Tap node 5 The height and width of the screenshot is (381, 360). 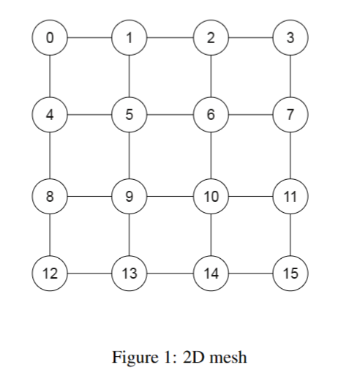130,116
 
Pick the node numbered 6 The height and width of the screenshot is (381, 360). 211,116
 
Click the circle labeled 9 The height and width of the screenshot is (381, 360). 130,195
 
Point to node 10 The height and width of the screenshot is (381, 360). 211,195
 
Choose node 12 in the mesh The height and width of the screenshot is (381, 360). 50,274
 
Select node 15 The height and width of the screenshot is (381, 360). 290,274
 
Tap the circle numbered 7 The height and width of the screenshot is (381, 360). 290,116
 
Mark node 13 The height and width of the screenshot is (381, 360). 130,274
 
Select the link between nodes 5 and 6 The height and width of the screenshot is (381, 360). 170,116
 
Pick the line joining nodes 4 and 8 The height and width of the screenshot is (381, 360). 50,155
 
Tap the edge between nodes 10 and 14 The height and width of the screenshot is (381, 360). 211,235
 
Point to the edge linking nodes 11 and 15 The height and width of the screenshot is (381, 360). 290,235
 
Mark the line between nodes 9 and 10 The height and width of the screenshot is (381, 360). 170,195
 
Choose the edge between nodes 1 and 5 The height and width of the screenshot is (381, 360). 130,76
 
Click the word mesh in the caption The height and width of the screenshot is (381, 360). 230,358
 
